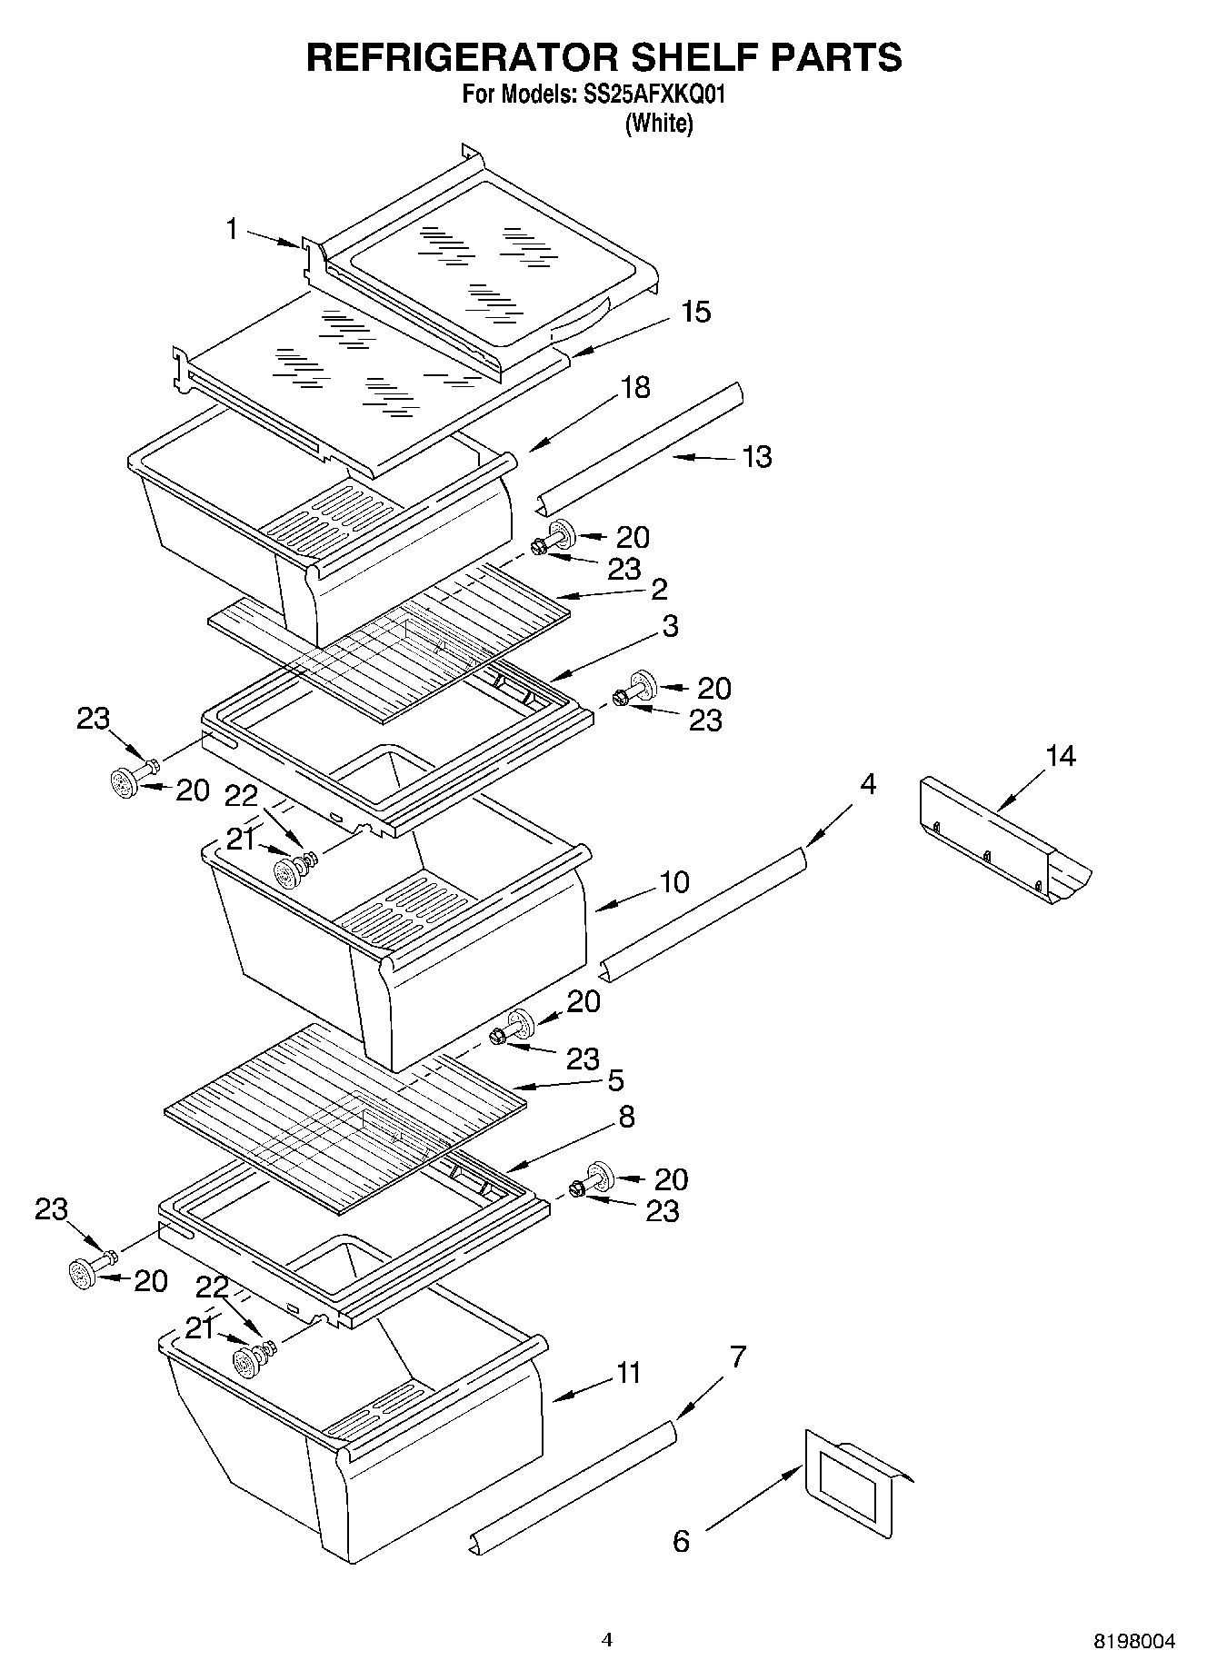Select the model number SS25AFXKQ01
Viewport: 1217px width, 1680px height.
(x=651, y=94)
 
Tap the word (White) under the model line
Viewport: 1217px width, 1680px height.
(x=659, y=124)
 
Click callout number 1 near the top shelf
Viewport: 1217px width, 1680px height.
(x=233, y=229)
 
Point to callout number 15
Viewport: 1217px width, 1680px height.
(x=695, y=312)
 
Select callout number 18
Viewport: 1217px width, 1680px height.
(x=635, y=387)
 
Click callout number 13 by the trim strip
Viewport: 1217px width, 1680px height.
(x=756, y=456)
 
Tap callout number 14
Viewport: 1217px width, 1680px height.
(x=1060, y=756)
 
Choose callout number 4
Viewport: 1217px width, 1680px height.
(x=868, y=784)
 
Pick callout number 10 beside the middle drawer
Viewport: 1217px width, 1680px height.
(x=674, y=881)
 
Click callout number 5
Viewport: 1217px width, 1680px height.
(x=615, y=1080)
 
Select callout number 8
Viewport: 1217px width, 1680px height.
(x=626, y=1117)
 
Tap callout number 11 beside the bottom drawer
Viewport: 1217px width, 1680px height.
(x=628, y=1373)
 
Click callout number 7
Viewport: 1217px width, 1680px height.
(x=738, y=1357)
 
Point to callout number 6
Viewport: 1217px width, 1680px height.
(x=681, y=1541)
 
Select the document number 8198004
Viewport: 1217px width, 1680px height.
(x=1133, y=1641)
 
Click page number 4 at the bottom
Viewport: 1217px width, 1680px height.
(x=607, y=1640)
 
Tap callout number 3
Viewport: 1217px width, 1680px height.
(x=670, y=626)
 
